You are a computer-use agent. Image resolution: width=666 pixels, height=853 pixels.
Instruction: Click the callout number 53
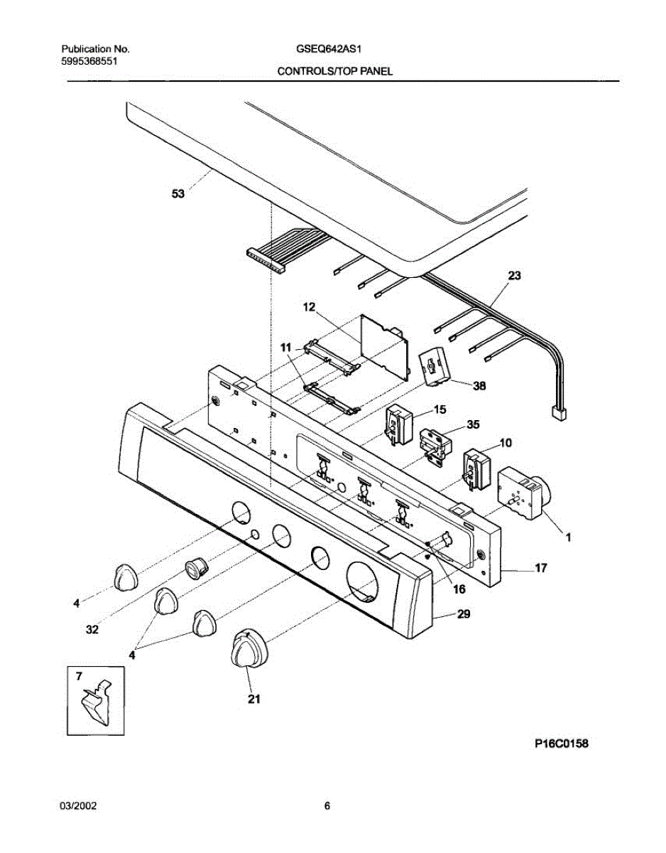coord(178,193)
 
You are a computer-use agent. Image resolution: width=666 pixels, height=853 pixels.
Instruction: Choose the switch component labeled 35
coord(435,446)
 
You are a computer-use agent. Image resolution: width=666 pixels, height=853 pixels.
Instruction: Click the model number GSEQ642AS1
coord(331,50)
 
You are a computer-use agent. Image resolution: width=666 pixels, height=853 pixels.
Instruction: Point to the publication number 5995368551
coord(89,62)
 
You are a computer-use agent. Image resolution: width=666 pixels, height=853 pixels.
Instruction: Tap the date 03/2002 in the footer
coord(77,806)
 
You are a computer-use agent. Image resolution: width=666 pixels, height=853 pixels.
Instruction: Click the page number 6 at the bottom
coord(327,806)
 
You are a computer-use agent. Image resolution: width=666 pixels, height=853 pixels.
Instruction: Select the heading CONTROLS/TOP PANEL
coord(334,71)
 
